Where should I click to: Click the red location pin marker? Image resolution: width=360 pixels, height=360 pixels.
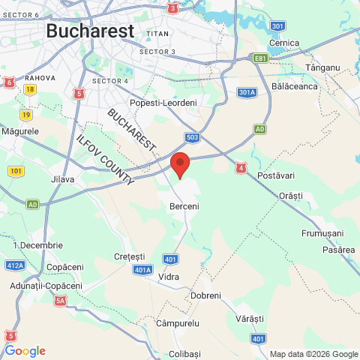pos(180,163)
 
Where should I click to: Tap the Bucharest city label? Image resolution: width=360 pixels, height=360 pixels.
pos(90,31)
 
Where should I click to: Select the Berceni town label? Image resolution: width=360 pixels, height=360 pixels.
pos(184,206)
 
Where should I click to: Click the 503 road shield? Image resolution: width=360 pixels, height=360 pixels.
pos(193,137)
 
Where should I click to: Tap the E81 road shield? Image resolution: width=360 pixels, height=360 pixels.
pos(260,57)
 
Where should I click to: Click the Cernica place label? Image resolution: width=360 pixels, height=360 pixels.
pos(283,43)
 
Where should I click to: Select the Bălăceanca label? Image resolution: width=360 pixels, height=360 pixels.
pos(295,86)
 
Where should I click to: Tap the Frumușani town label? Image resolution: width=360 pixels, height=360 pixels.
pos(322,233)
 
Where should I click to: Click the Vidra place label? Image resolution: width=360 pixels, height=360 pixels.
pos(169,277)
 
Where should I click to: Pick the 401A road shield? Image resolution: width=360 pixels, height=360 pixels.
pos(142,269)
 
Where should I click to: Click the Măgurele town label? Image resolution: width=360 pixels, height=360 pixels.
pos(20,131)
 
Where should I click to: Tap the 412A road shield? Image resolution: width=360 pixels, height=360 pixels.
pos(15,264)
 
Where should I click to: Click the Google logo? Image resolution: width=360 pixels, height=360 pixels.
pos(25,351)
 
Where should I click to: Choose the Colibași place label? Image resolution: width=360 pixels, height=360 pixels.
pos(185,353)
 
